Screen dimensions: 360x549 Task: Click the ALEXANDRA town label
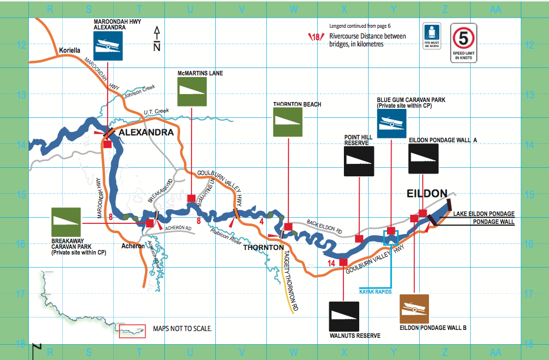click(146, 132)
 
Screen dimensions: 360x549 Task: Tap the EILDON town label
click(427, 193)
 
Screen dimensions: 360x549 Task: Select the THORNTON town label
click(263, 247)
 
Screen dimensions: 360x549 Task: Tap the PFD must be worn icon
click(432, 37)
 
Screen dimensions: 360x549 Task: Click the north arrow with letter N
click(158, 39)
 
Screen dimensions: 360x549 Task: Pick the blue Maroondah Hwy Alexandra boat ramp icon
click(107, 45)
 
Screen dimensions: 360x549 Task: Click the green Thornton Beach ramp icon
click(288, 122)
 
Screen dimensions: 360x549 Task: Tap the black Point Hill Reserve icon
click(359, 162)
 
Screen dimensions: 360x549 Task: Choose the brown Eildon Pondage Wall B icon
click(414, 308)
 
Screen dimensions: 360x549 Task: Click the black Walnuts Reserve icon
click(344, 316)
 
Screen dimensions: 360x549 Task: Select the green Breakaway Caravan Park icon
click(66, 222)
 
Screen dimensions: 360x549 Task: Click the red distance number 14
click(331, 262)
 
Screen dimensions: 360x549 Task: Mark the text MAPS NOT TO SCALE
click(182, 328)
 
